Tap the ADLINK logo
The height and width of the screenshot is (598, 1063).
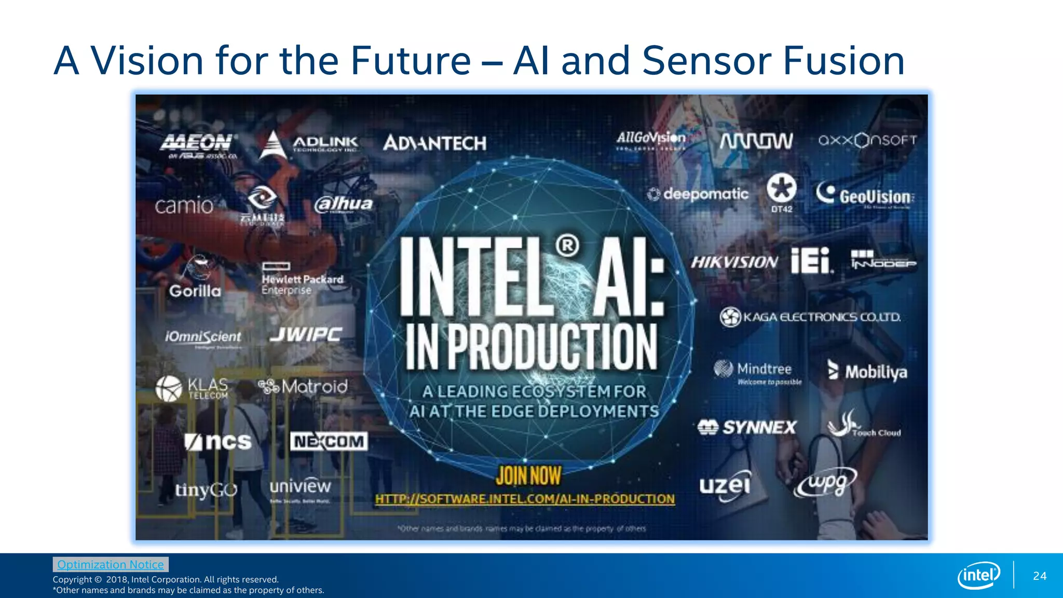click(309, 144)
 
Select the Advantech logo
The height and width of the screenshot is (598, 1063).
click(434, 143)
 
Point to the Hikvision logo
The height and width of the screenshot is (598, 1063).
click(734, 262)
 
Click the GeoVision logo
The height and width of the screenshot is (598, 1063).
click(865, 195)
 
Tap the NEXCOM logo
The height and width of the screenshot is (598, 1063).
click(329, 441)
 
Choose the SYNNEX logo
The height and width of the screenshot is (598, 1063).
click(747, 427)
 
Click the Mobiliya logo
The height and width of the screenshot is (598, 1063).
click(867, 371)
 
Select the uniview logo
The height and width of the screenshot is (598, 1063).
click(300, 488)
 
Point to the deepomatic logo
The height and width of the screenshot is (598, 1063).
click(698, 194)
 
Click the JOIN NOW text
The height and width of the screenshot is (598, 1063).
click(528, 475)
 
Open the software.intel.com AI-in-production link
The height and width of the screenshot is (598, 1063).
click(525, 499)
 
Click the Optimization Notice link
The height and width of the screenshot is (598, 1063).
click(111, 564)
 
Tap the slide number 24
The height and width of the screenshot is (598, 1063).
click(1040, 576)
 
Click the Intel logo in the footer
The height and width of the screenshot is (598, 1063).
click(978, 575)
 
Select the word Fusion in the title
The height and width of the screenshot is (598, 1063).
click(843, 61)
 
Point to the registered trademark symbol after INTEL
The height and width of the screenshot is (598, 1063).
click(567, 246)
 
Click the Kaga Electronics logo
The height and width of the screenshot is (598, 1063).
click(810, 317)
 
